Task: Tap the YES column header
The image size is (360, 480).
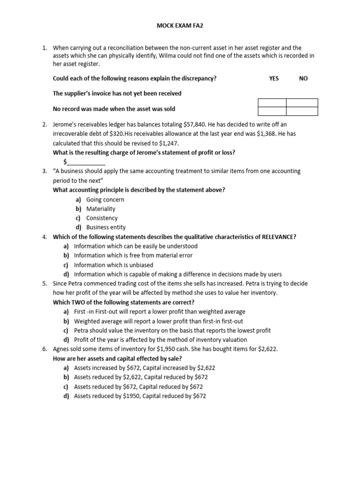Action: (x=274, y=78)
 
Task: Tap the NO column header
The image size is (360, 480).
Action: (x=303, y=78)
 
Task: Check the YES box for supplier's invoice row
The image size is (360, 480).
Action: (x=272, y=103)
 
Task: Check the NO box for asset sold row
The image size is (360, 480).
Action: (x=302, y=111)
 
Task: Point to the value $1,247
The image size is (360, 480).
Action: (x=168, y=143)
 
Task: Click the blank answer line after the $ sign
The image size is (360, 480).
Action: (x=87, y=162)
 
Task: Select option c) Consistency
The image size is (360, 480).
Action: (x=102, y=218)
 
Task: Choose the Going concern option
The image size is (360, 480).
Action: (x=105, y=199)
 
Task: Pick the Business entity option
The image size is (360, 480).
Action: (x=106, y=227)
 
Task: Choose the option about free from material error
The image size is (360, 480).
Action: (x=133, y=255)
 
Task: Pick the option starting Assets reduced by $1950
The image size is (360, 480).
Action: (x=140, y=396)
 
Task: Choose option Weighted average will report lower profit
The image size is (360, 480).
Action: (x=158, y=321)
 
